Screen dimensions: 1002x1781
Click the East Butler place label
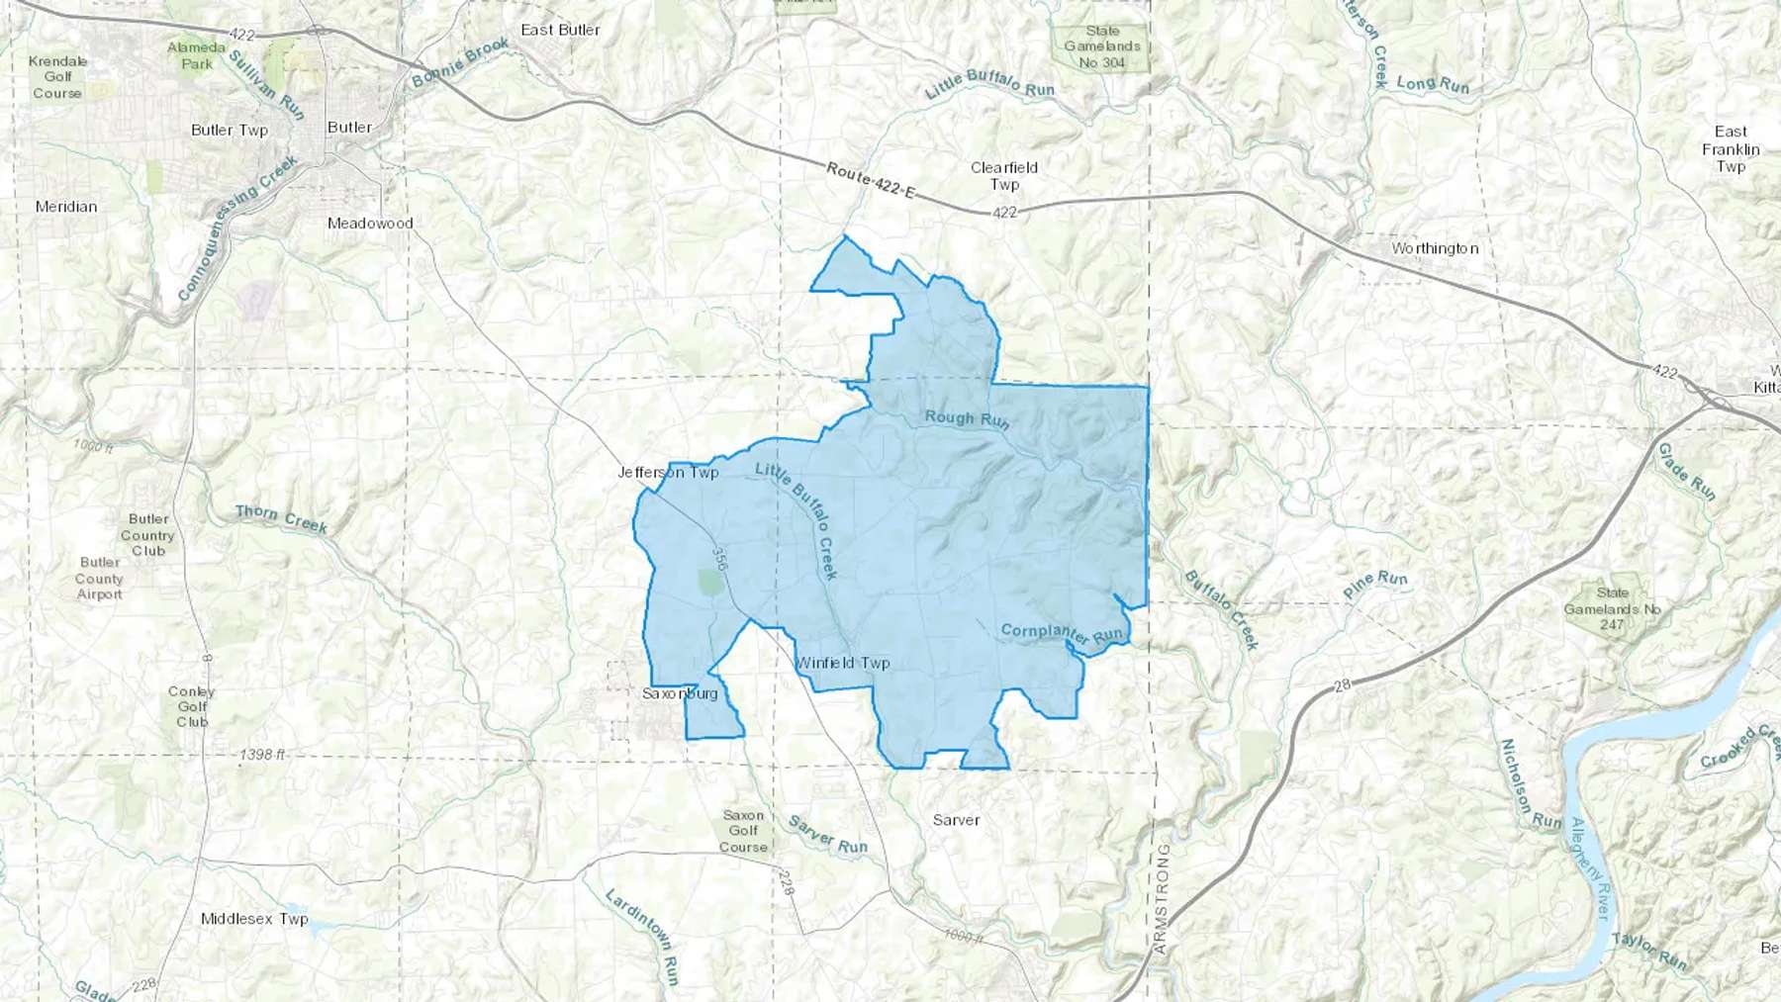560,30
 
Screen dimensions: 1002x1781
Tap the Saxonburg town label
680,693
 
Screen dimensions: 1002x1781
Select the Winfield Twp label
843,663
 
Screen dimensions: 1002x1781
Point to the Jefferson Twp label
668,472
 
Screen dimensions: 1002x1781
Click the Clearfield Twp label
1004,176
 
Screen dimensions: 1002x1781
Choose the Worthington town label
1435,248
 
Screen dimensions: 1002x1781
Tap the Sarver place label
956,820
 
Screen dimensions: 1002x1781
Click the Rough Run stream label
967,419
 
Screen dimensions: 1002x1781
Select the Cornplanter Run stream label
1063,633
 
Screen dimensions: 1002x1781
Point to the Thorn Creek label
281,517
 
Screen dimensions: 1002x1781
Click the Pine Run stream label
1375,584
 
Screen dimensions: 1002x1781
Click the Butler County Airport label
100,579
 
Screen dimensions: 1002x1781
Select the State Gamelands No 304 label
1102,46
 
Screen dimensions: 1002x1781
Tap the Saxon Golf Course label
743,831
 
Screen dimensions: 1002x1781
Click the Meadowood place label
370,224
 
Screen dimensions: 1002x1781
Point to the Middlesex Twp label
254,919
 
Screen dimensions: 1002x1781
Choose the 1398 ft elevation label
262,755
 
